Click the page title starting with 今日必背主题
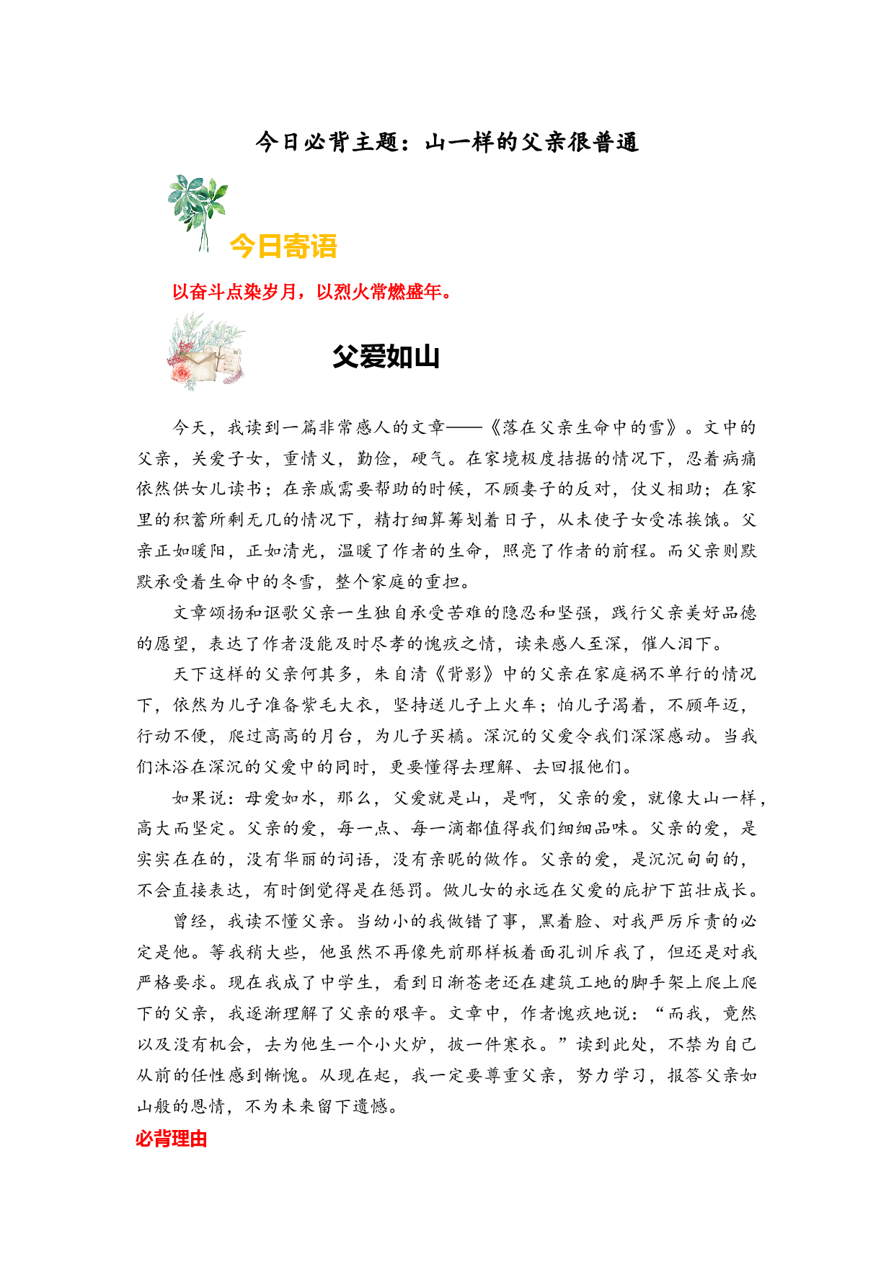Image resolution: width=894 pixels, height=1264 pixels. click(x=447, y=142)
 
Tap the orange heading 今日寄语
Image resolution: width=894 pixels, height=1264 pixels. click(x=283, y=246)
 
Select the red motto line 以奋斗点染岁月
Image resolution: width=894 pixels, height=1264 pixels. click(x=311, y=292)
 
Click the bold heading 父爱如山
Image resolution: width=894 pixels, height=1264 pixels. click(x=386, y=357)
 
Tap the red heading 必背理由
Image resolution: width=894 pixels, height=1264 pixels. click(x=172, y=1139)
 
